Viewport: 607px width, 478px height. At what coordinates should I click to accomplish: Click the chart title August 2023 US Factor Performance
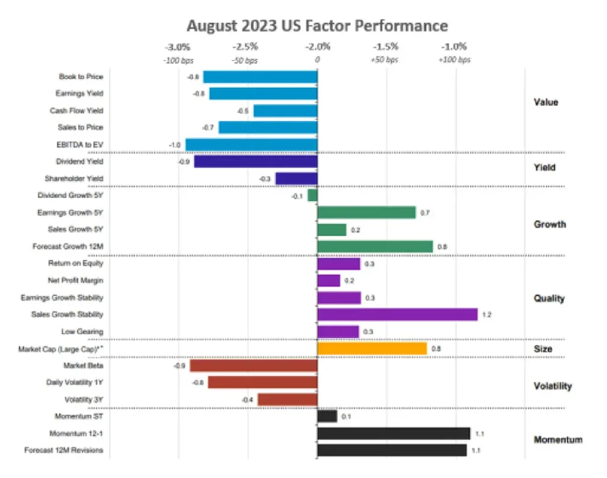(x=317, y=26)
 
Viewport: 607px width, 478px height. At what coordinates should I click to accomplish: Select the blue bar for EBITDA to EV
(x=251, y=145)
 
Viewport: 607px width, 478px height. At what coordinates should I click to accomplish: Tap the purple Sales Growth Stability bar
(x=397, y=314)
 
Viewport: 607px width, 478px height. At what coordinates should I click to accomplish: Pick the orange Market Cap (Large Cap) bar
(x=372, y=349)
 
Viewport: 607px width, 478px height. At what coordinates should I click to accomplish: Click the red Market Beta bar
(x=253, y=365)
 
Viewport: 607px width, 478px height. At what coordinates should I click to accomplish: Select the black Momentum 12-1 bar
(x=394, y=434)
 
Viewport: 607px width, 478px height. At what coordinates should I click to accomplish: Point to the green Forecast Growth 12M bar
(x=375, y=247)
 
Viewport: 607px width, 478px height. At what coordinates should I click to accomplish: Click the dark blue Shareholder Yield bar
(x=296, y=179)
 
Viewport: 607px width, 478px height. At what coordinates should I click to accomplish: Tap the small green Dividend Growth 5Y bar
(x=312, y=195)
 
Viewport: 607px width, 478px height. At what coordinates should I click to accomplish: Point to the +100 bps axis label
(x=454, y=60)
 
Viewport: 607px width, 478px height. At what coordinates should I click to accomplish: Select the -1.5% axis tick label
(x=385, y=47)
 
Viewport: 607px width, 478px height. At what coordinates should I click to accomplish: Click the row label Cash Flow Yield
(x=76, y=110)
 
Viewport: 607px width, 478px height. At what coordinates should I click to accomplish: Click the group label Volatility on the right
(x=552, y=386)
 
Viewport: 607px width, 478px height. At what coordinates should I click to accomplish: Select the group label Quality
(x=549, y=298)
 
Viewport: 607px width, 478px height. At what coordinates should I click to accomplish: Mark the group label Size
(x=542, y=349)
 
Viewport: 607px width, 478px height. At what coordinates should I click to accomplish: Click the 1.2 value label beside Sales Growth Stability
(x=487, y=315)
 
